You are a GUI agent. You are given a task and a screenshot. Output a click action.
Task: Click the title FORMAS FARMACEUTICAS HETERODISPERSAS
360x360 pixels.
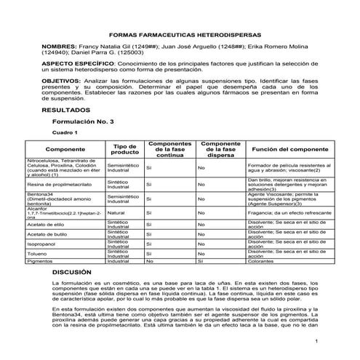[x=180, y=34]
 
